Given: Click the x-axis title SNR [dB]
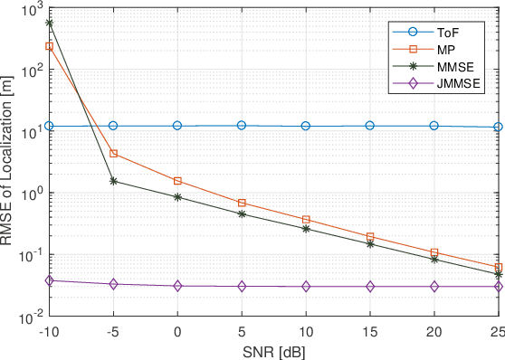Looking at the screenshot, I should [x=275, y=349].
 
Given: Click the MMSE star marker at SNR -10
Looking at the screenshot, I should [x=49, y=23].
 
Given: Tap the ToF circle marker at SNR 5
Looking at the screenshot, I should [x=242, y=126].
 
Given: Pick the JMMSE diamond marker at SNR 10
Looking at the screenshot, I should [x=306, y=286].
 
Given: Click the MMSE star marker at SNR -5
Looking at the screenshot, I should [x=113, y=181].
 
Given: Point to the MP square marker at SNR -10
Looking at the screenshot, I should [x=49, y=45].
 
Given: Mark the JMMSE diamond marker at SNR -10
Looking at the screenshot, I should [x=49, y=280].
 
